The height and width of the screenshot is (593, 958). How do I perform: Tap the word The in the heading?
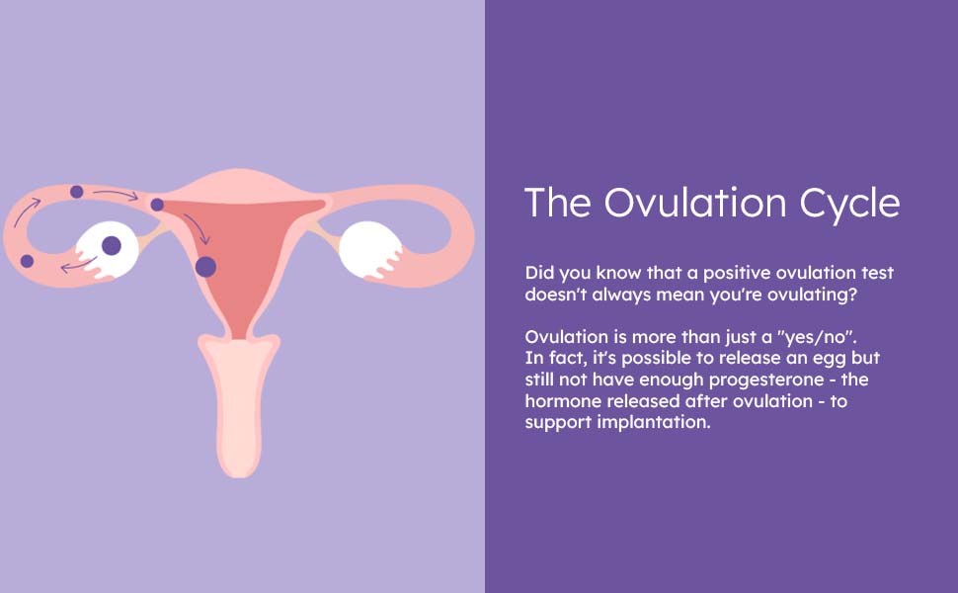tap(557, 202)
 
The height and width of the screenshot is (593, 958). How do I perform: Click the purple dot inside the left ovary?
tap(112, 246)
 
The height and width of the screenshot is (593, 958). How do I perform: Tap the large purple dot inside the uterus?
tap(205, 267)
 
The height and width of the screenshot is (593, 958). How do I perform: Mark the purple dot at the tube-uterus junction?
tap(157, 205)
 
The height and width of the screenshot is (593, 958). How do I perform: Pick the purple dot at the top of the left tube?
tap(76, 192)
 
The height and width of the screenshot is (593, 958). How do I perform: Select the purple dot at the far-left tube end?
tap(27, 261)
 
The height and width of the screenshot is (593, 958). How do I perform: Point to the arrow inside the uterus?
tap(197, 227)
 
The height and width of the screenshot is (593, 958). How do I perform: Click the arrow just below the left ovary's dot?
tap(78, 265)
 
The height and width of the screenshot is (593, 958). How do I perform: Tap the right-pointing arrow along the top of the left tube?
tap(116, 195)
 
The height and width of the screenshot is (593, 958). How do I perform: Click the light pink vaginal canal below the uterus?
tap(238, 403)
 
